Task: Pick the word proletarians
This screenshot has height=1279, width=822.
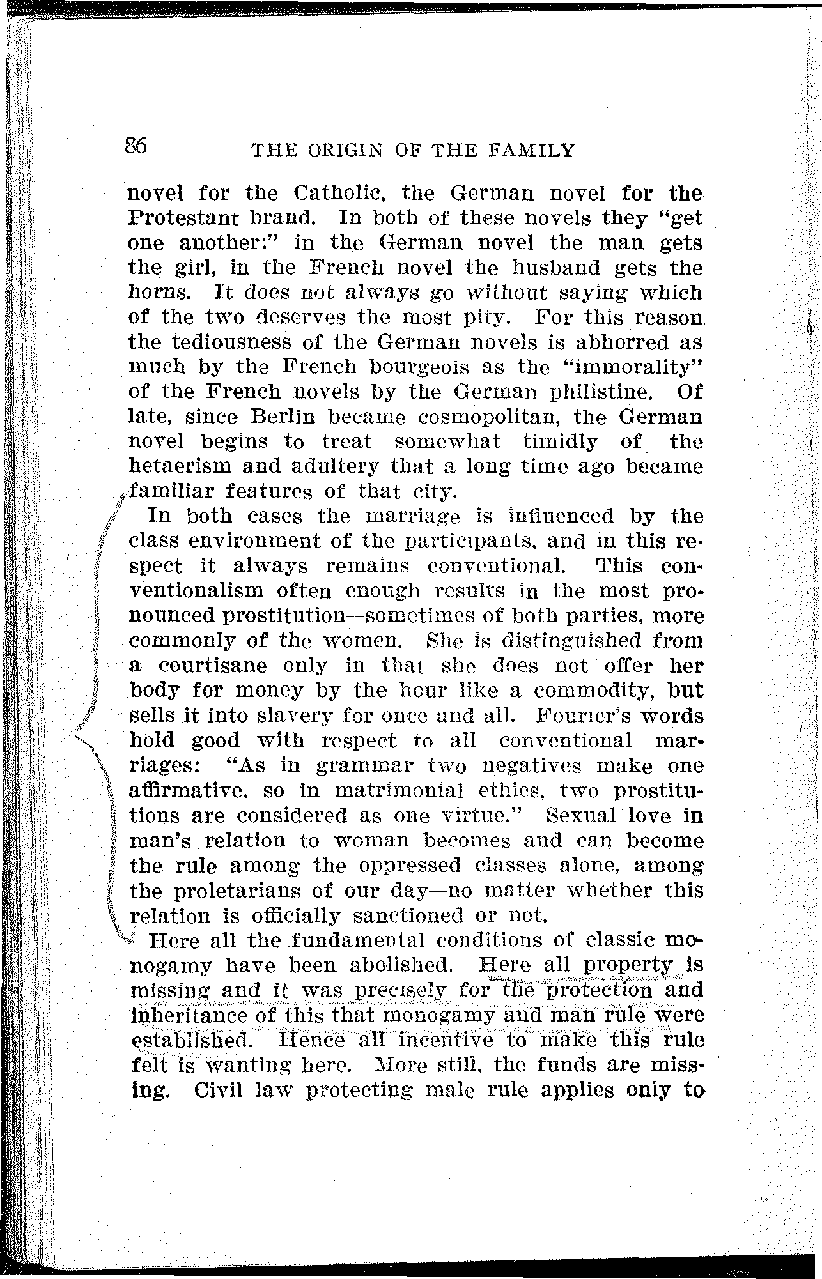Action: coord(213,891)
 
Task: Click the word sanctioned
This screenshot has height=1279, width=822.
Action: coord(408,915)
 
